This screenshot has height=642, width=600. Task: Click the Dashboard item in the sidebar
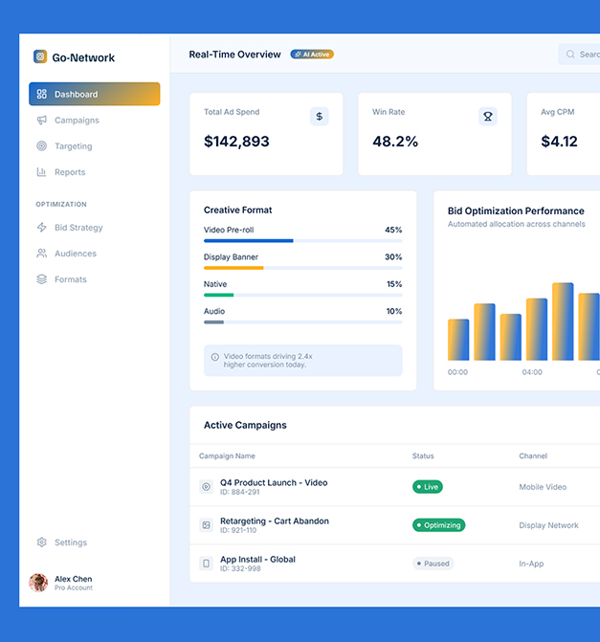(x=94, y=95)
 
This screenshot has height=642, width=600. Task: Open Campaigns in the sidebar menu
(x=76, y=121)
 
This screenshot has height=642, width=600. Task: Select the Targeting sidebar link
(x=73, y=146)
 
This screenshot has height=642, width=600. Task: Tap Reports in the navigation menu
(x=69, y=172)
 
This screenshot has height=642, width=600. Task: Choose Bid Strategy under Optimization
(x=78, y=228)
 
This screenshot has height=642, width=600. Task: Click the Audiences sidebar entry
(x=75, y=254)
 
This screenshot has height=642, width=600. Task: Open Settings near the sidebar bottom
(x=70, y=542)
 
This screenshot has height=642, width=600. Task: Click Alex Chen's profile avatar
(x=38, y=583)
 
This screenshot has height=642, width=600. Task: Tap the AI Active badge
(x=312, y=55)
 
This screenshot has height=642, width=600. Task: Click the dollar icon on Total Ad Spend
(x=320, y=117)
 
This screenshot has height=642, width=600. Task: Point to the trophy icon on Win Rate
(x=488, y=117)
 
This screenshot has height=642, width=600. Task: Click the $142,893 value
(x=236, y=142)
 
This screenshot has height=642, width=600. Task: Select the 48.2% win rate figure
(x=395, y=142)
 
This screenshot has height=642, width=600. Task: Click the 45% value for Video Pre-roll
(x=393, y=230)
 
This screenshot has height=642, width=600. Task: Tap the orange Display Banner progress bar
(x=233, y=268)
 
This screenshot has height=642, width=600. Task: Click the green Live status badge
(x=427, y=487)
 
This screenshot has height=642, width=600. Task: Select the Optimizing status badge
(x=438, y=525)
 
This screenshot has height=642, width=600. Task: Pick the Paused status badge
(x=433, y=564)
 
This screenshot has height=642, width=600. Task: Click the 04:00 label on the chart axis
(x=532, y=372)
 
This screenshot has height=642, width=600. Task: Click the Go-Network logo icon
(x=40, y=57)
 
